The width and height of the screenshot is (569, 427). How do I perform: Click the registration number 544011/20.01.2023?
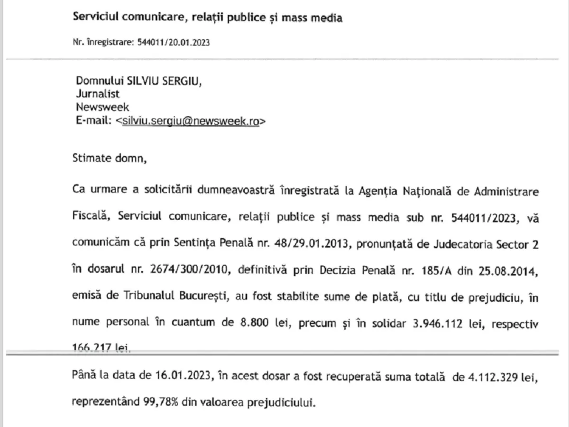click(173, 42)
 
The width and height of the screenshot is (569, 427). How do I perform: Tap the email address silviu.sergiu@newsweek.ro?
click(191, 121)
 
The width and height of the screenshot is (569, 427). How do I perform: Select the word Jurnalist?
click(98, 93)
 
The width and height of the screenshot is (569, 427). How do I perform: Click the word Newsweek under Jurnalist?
click(102, 107)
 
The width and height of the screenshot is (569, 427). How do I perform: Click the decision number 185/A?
click(429, 271)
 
